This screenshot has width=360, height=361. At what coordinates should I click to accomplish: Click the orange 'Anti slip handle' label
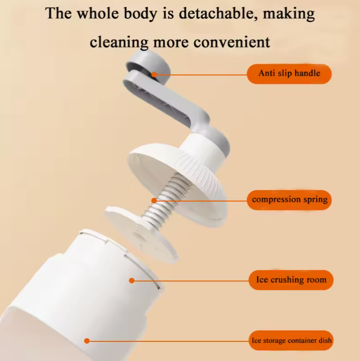289,73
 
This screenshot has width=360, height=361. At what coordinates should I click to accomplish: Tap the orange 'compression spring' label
289,200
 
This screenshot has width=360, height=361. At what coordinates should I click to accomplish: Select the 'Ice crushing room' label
291,279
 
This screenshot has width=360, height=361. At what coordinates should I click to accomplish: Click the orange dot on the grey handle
154,74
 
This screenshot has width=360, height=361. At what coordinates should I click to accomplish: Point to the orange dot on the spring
154,200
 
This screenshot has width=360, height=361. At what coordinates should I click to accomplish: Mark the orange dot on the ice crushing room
132,280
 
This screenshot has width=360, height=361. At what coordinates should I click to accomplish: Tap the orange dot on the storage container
87,340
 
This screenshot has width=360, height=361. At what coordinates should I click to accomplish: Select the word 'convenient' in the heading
231,42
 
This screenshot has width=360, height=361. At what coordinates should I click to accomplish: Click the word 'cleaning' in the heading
119,42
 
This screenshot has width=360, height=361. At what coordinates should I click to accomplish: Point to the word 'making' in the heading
290,14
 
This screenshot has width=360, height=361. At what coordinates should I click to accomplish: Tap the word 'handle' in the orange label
307,73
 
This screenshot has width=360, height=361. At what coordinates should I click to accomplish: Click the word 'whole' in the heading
96,13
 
